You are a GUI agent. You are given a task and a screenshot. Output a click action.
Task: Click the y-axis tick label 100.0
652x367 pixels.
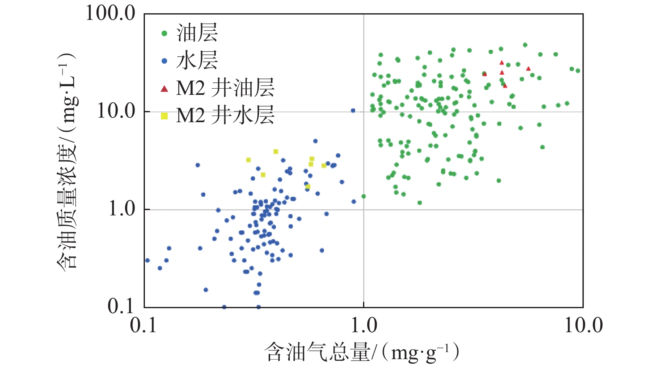(110, 13)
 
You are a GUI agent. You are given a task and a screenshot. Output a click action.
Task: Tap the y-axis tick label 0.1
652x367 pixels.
(121, 307)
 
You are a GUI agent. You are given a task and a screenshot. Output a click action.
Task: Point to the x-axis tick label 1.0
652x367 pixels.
(364, 326)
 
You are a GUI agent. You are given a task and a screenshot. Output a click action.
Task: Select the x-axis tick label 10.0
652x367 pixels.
(583, 326)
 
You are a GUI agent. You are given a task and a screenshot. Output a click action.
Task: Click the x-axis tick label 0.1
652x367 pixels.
(144, 326)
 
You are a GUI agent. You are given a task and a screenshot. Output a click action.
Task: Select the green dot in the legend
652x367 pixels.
(164, 34)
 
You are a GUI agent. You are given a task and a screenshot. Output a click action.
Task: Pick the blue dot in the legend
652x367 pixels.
(164, 61)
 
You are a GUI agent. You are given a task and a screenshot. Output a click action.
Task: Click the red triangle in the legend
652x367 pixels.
(164, 89)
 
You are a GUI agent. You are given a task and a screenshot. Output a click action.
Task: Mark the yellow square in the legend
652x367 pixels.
(164, 116)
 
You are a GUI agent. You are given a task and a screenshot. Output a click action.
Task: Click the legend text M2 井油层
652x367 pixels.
(225, 88)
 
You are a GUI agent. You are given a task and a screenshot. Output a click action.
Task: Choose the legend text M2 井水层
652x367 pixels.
(225, 116)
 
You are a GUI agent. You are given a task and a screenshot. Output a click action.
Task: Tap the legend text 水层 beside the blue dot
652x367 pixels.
(197, 60)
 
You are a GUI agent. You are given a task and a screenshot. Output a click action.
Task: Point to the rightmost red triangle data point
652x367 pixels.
(528, 69)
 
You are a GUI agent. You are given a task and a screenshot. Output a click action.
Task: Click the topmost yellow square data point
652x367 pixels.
(276, 152)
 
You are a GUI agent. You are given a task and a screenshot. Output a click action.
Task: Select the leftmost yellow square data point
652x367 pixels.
(248, 160)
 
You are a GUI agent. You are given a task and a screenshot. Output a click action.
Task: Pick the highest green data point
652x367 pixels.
(525, 45)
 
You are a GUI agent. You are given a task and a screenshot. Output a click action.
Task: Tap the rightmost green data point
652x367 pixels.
(578, 71)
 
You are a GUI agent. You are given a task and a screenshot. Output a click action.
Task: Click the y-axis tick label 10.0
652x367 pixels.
(116, 111)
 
